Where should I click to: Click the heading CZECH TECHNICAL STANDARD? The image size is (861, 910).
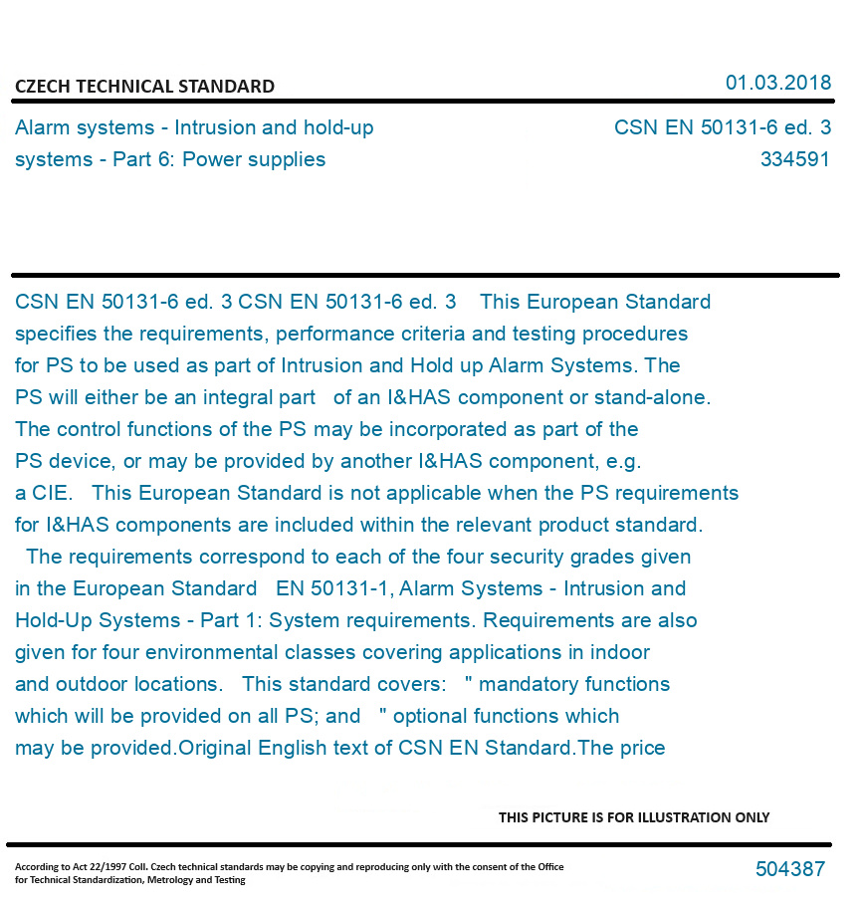point(144,87)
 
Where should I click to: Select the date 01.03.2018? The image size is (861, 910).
point(777,83)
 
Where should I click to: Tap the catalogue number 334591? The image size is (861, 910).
point(794,159)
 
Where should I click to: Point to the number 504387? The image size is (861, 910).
point(789,869)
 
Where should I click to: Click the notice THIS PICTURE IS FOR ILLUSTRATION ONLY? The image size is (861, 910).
point(634,817)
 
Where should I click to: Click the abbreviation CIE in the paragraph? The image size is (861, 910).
point(50,493)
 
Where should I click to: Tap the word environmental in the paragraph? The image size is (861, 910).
point(206,652)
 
